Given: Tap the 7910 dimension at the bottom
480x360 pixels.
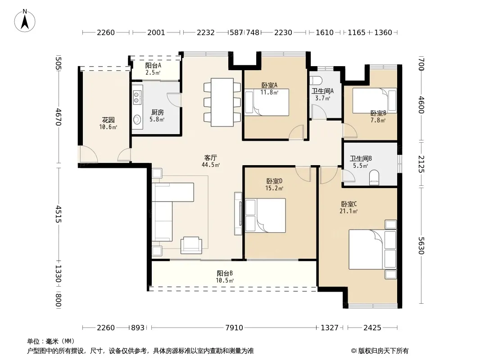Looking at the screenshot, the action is pyautogui.click(x=234, y=328).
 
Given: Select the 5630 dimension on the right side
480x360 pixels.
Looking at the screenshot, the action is pyautogui.click(x=421, y=246).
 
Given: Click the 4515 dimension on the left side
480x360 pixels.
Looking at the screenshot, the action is pyautogui.click(x=58, y=214).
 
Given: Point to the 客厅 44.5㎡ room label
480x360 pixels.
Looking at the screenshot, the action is pyautogui.click(x=211, y=161).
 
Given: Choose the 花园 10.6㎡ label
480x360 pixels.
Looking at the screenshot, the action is pyautogui.click(x=108, y=123).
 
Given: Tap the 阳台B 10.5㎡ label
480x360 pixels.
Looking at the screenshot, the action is pyautogui.click(x=225, y=277).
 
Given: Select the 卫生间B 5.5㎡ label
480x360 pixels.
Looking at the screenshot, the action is pyautogui.click(x=361, y=162).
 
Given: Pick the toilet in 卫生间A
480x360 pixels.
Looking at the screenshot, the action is pyautogui.click(x=316, y=81).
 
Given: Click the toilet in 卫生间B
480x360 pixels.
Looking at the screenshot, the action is pyautogui.click(x=374, y=177).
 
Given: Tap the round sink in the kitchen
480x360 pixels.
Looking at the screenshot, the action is pyautogui.click(x=137, y=119).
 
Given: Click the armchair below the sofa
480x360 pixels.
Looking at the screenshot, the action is pyautogui.click(x=191, y=245).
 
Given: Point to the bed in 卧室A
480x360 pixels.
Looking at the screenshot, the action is pyautogui.click(x=267, y=102).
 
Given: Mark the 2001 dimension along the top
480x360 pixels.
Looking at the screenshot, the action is pyautogui.click(x=156, y=32).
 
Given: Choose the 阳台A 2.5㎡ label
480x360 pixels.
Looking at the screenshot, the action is pyautogui.click(x=153, y=69).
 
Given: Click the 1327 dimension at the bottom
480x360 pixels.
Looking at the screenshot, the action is pyautogui.click(x=330, y=328).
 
